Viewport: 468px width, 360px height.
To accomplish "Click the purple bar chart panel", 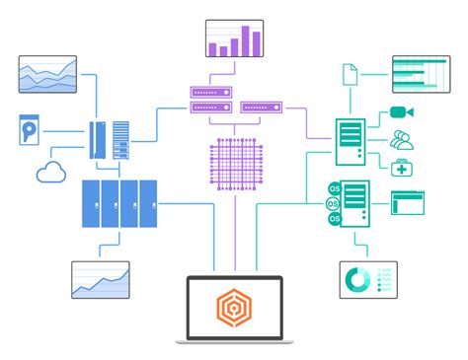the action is [x=234, y=38].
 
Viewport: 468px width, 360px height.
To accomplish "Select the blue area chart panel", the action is [x=47, y=75].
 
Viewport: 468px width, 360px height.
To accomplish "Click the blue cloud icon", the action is [x=50, y=174].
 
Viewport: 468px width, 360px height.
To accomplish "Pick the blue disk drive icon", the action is [x=30, y=130].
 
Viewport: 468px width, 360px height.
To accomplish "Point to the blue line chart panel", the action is [x=101, y=279].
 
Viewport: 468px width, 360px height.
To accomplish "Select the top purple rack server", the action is [x=210, y=93].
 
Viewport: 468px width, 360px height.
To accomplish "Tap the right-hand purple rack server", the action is [x=262, y=105].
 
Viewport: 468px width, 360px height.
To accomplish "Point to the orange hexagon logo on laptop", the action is [x=234, y=309].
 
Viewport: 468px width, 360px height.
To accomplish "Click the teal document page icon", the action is [x=350, y=74].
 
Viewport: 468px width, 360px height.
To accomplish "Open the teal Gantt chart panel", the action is [x=422, y=75].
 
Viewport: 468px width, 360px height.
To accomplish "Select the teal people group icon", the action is [x=402, y=139].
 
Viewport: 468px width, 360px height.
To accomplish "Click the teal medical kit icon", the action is [x=402, y=167].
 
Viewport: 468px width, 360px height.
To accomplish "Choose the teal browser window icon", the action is [x=408, y=203].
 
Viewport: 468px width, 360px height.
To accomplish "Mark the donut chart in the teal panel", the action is [x=355, y=279].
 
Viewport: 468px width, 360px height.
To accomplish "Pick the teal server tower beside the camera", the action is [x=350, y=140].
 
